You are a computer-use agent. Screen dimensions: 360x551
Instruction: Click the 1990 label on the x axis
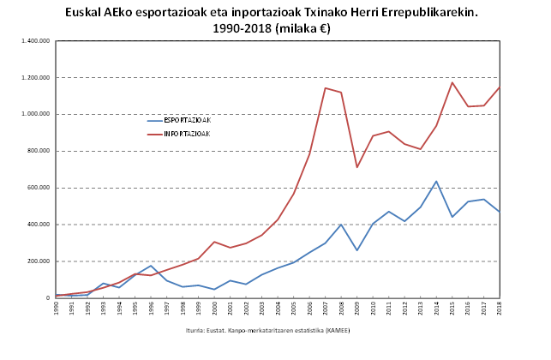(x=56, y=308)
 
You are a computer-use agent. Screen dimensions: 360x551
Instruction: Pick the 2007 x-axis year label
(x=326, y=308)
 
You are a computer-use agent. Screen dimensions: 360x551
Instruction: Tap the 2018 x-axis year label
(x=500, y=308)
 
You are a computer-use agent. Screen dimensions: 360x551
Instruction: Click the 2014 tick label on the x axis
(x=436, y=308)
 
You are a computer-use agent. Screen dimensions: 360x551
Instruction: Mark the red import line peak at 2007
(x=326, y=87)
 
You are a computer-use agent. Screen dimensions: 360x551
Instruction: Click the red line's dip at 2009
(x=357, y=167)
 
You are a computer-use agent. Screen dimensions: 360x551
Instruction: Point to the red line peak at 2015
(x=452, y=82)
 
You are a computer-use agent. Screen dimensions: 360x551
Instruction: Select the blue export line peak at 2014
(x=436, y=181)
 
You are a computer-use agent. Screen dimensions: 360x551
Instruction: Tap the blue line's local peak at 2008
(x=341, y=225)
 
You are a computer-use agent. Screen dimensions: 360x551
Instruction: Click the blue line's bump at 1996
(x=151, y=266)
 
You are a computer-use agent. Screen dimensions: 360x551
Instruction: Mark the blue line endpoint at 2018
(x=500, y=212)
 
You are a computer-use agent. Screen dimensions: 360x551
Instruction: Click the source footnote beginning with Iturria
(x=267, y=330)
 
